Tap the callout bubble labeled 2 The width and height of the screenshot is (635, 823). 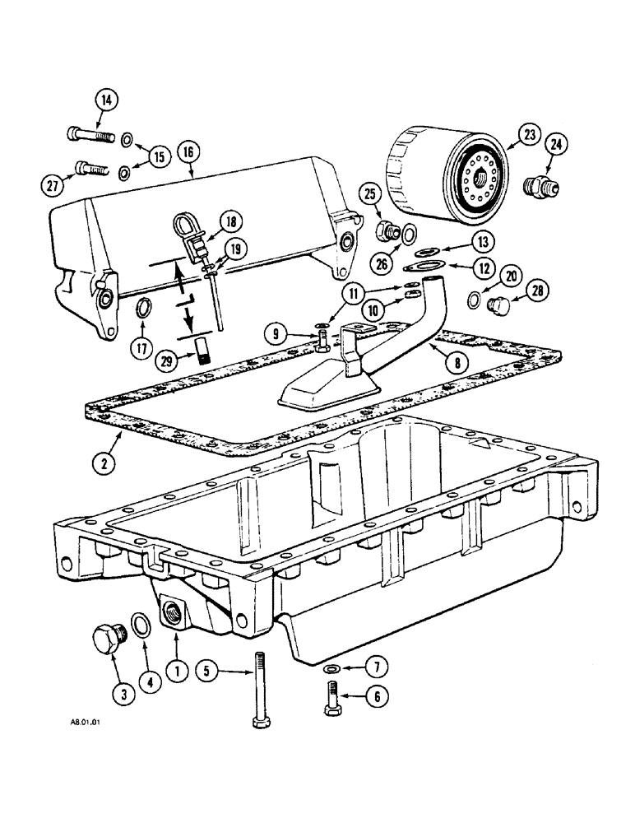(103, 463)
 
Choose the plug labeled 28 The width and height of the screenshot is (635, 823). (495, 307)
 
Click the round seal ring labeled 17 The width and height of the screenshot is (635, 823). (141, 309)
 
